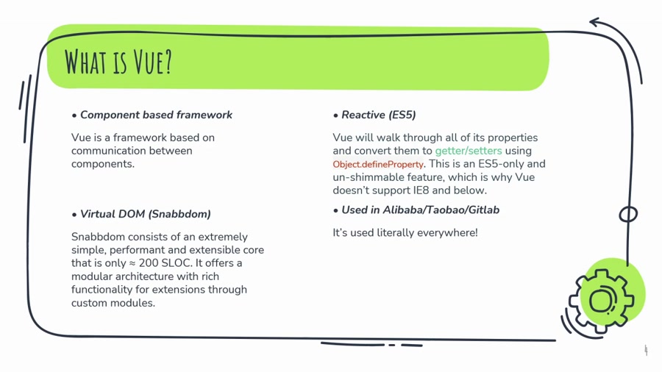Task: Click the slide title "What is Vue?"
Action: [118, 62]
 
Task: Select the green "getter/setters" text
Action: [469, 151]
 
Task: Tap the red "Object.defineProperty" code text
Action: [378, 165]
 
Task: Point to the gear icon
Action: [601, 301]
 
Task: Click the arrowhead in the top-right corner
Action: [594, 22]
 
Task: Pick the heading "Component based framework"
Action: [156, 115]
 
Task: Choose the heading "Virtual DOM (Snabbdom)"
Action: [145, 214]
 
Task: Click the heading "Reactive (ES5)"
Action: [378, 115]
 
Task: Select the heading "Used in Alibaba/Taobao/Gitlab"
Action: [420, 210]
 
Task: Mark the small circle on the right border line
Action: [628, 214]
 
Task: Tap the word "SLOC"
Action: [177, 263]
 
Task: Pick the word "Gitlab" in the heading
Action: [483, 210]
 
